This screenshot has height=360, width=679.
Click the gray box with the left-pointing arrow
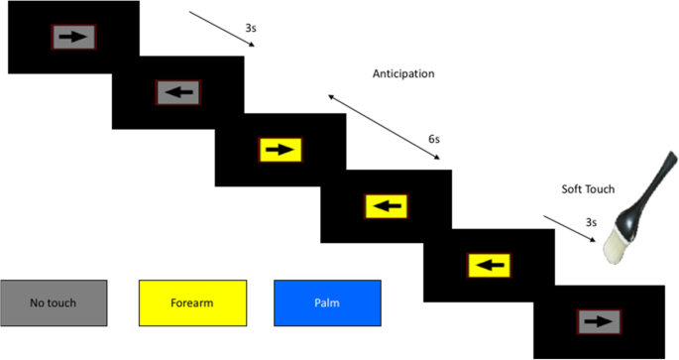(178, 93)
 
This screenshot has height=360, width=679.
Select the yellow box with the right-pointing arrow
(281, 150)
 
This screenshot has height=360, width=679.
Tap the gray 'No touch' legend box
(54, 302)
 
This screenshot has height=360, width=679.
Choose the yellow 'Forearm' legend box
(191, 302)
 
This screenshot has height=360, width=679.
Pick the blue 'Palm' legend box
(327, 302)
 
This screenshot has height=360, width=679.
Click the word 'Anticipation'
(403, 73)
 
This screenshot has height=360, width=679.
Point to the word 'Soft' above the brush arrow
(572, 189)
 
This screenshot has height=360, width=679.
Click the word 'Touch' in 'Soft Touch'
(600, 189)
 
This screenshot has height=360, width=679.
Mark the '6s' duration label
(433, 141)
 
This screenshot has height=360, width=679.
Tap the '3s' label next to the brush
(591, 223)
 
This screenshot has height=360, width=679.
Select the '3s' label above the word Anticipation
(253, 29)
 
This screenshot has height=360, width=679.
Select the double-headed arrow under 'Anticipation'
(384, 126)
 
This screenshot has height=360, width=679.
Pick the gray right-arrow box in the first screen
(74, 37)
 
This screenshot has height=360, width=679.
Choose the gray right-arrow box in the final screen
(598, 321)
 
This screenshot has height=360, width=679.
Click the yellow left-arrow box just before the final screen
(488, 265)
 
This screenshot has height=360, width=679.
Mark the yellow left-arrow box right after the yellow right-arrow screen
(385, 207)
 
